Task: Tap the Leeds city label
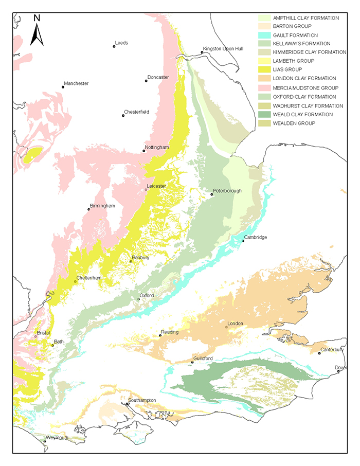click(122, 43)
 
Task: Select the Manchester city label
click(77, 83)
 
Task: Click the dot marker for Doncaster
click(147, 81)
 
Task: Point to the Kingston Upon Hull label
click(223, 48)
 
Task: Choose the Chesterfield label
click(136, 112)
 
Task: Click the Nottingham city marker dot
click(144, 151)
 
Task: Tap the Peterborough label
click(227, 191)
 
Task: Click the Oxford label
click(147, 296)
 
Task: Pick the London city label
click(235, 324)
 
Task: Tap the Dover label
click(340, 367)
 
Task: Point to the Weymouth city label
click(57, 438)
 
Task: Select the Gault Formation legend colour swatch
click(264, 35)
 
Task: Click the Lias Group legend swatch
click(264, 69)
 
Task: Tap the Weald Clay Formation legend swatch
click(264, 114)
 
